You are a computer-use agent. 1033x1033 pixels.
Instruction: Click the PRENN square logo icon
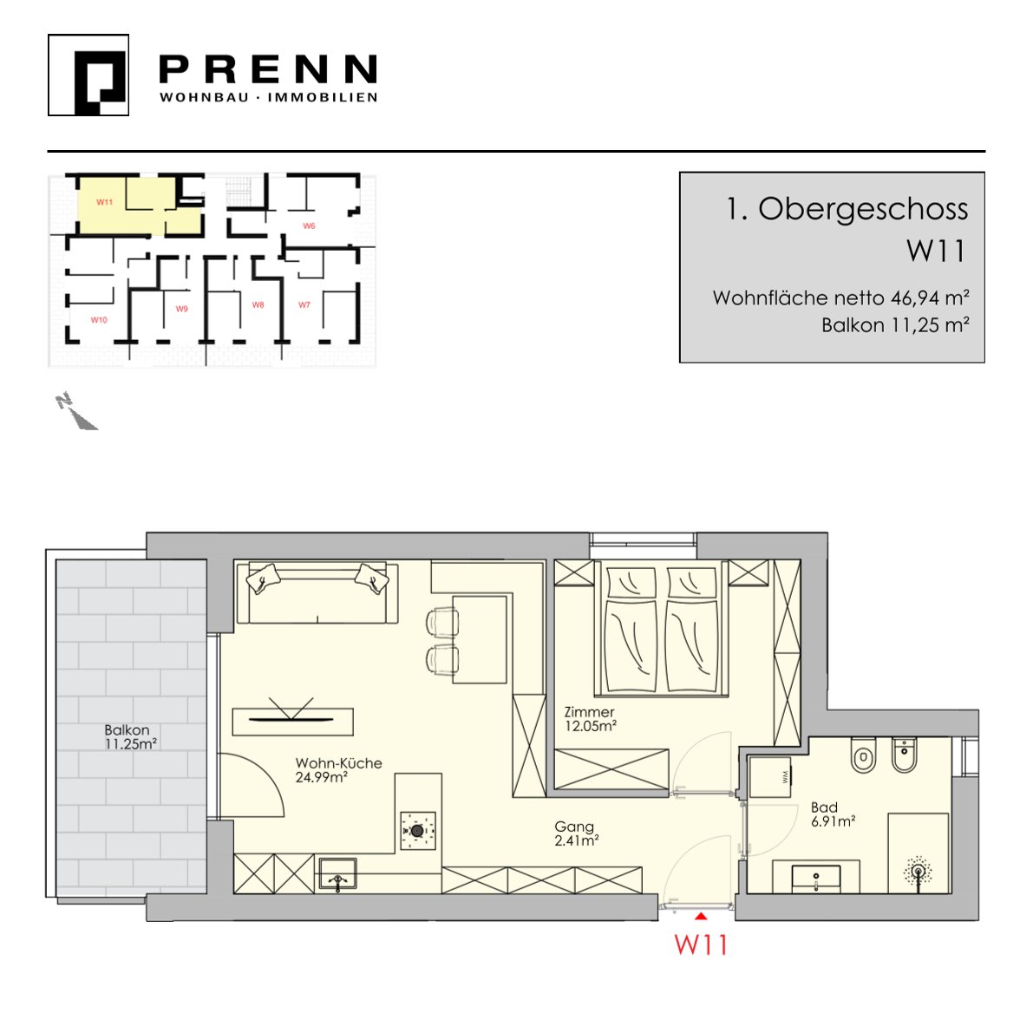pos(88,75)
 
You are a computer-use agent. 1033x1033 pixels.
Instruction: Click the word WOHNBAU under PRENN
pos(204,97)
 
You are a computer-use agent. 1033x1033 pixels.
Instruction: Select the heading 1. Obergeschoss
pos(847,210)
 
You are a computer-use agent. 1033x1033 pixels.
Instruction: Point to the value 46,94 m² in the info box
pos(931,297)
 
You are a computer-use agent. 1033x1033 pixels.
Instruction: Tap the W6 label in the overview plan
pos(309,226)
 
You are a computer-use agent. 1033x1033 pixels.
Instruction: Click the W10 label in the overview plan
pos(99,319)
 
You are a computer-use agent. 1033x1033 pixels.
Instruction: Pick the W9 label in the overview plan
pos(182,308)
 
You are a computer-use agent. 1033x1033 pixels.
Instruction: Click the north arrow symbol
pos(76,412)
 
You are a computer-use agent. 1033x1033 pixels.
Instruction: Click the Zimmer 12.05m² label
pos(591,719)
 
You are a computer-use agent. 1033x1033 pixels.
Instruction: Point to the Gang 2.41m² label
pos(577,834)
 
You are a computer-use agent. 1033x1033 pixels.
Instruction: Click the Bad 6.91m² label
pos(833,814)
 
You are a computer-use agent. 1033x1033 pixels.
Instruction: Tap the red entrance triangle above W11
pos(701,916)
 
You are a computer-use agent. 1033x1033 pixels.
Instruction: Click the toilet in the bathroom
pos(863,755)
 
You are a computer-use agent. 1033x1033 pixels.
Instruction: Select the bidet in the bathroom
pos(905,755)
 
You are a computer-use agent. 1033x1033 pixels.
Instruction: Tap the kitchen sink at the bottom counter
pos(338,875)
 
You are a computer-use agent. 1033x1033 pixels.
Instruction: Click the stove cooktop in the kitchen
pos(418,831)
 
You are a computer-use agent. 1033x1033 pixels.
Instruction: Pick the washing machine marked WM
pos(769,777)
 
